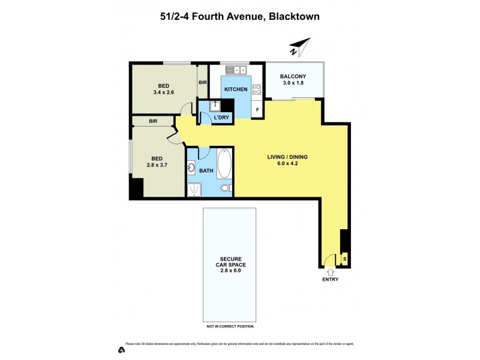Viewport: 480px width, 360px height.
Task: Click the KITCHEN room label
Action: coord(236,89)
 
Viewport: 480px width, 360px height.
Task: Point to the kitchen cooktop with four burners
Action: coord(256,90)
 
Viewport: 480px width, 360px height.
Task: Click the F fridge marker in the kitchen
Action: coord(257,110)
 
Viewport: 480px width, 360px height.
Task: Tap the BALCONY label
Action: coord(293,76)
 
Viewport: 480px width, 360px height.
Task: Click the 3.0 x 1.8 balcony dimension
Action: coord(293,83)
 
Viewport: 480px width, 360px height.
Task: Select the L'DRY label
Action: coord(221,118)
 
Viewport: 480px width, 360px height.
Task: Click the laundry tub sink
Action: coord(215,106)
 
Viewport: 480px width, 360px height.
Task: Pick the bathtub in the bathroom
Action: coord(224,163)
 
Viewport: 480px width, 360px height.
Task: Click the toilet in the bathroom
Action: coord(226,188)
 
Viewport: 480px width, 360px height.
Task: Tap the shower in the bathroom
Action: coord(195,190)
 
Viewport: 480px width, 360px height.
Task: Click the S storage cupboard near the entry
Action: coord(344,259)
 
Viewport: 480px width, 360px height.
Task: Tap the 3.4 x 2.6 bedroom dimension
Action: coord(163,92)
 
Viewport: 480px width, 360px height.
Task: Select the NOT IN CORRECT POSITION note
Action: coord(230,326)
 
